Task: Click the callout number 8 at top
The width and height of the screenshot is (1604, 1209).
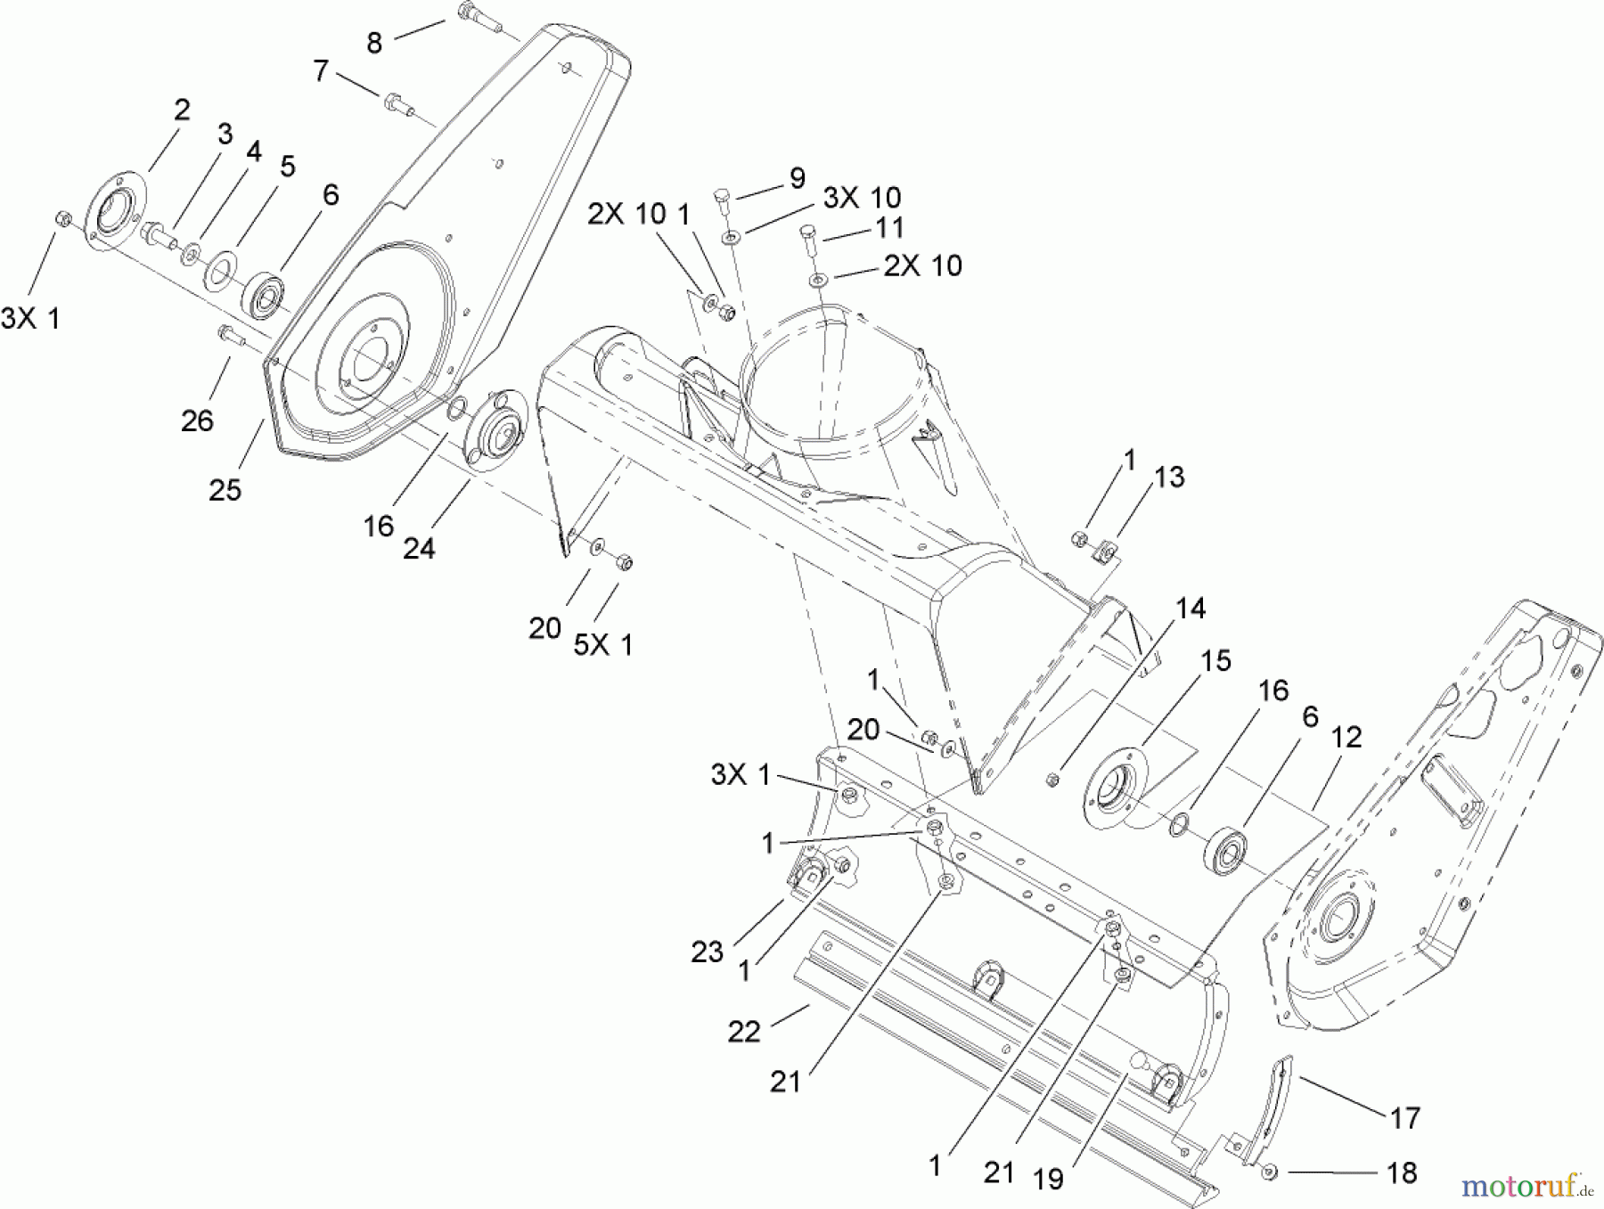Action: [374, 43]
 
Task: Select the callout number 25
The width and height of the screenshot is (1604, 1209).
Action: [225, 489]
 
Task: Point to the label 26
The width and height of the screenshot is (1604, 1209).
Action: [197, 420]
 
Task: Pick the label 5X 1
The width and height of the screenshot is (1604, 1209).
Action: [602, 644]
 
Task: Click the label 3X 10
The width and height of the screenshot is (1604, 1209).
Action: [861, 198]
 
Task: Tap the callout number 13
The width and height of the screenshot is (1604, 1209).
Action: [1168, 477]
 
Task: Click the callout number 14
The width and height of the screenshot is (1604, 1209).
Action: [1190, 609]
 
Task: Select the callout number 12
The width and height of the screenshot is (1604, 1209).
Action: [1346, 738]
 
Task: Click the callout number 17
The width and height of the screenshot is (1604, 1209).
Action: [1404, 1117]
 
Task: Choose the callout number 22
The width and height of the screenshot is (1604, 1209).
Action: [744, 1031]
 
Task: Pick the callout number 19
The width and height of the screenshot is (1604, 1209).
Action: [1048, 1179]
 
